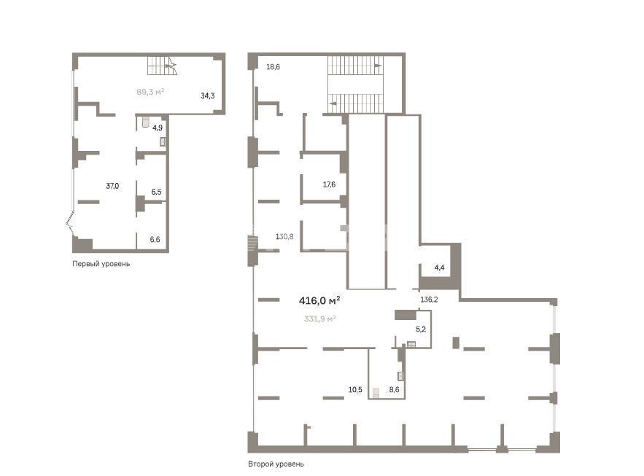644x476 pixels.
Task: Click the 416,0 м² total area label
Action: (319, 301)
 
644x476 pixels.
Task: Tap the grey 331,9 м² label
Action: (320, 319)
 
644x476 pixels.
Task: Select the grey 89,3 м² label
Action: (150, 92)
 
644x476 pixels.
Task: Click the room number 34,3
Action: (207, 95)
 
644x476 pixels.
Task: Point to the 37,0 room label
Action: (112, 186)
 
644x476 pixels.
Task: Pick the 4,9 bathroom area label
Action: (158, 128)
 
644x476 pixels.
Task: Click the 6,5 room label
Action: (156, 192)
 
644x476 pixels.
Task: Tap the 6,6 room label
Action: (155, 239)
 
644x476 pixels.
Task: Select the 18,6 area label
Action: (273, 67)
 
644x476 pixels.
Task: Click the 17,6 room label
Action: (329, 184)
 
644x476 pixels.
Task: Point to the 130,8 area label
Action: (284, 236)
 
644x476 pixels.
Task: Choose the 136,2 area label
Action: (429, 300)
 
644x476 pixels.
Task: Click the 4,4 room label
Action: (440, 268)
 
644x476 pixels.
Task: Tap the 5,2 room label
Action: (421, 329)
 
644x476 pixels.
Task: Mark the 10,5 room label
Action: (355, 390)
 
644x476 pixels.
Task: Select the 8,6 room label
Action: (394, 390)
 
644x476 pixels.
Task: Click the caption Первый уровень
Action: (101, 264)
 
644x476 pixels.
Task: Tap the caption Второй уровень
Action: (276, 464)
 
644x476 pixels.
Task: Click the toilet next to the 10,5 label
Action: (376, 393)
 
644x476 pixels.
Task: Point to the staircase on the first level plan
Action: (162, 66)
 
